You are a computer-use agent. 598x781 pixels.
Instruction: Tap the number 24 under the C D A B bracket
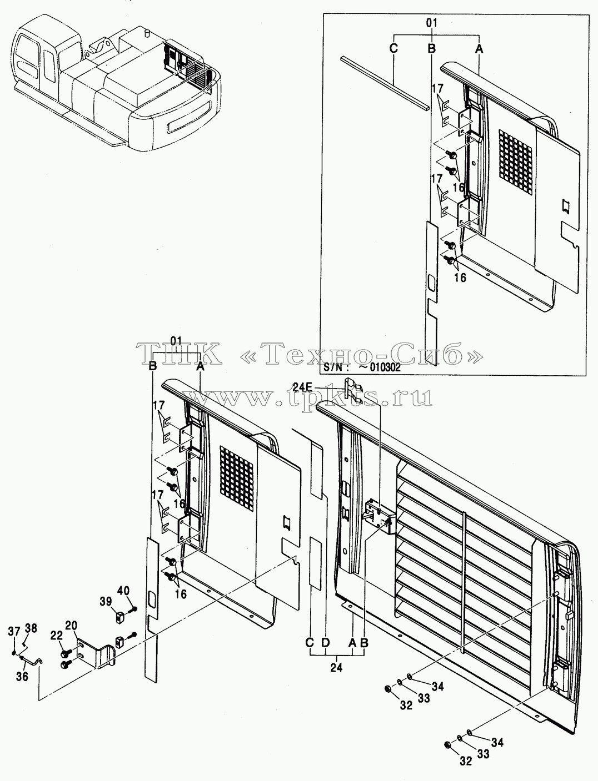coord(336,668)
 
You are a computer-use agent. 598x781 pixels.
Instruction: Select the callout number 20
coord(71,625)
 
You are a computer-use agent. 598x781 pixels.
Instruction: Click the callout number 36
coord(22,676)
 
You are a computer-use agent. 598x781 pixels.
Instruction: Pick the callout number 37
coord(14,632)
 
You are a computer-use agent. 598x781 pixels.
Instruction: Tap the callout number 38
coord(31,628)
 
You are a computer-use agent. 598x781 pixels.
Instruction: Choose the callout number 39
coord(106,601)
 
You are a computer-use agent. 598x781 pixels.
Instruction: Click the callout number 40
coord(123,590)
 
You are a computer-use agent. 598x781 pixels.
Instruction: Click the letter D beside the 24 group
coord(326,643)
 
